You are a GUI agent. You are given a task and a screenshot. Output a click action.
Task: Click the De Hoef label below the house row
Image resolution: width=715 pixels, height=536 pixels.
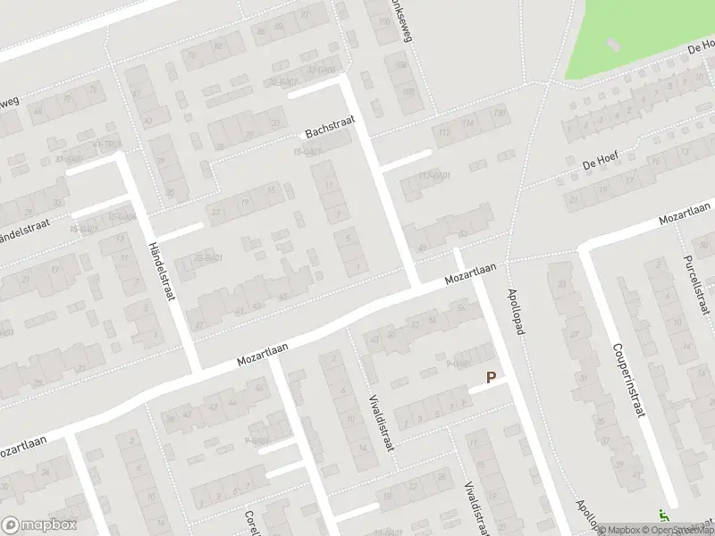pyautogui.click(x=601, y=161)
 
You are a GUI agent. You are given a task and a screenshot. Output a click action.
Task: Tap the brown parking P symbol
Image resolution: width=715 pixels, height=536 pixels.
pyautogui.click(x=491, y=378)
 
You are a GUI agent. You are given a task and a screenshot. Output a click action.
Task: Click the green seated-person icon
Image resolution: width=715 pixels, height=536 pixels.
pyautogui.click(x=664, y=515)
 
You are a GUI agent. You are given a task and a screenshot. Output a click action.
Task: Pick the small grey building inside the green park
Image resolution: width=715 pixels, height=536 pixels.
pyautogui.click(x=614, y=43)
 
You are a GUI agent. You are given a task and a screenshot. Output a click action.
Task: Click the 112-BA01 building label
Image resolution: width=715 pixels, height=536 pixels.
pyautogui.click(x=433, y=175)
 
